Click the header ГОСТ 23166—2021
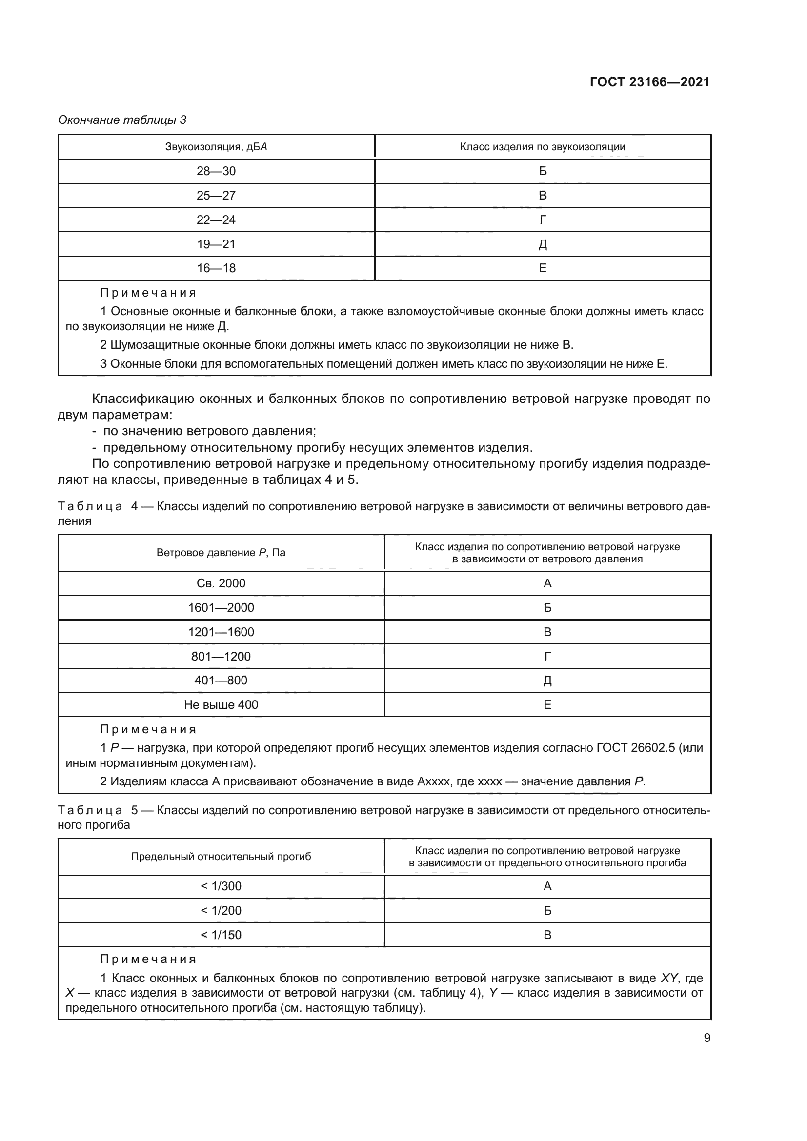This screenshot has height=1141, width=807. (649, 82)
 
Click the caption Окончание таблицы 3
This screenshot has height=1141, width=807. (122, 120)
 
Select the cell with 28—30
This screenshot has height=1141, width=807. (216, 171)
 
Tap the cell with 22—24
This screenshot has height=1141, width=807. (216, 220)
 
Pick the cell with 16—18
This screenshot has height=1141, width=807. (216, 268)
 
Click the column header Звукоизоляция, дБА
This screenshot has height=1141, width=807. (216, 147)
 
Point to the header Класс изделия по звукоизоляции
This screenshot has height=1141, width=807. (543, 147)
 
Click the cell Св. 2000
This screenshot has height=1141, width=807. (221, 583)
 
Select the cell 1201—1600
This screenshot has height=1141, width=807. (221, 632)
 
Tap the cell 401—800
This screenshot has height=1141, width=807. (221, 681)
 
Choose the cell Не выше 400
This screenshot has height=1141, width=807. (221, 705)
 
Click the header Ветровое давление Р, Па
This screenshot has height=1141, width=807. (221, 553)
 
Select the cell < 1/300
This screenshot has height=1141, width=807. (221, 886)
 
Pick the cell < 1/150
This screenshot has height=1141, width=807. (221, 935)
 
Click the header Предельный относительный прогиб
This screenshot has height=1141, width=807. (221, 856)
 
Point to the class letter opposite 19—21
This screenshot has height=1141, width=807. (543, 244)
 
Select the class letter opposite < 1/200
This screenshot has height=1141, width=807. (547, 910)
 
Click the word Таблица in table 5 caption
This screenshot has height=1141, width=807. (90, 811)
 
